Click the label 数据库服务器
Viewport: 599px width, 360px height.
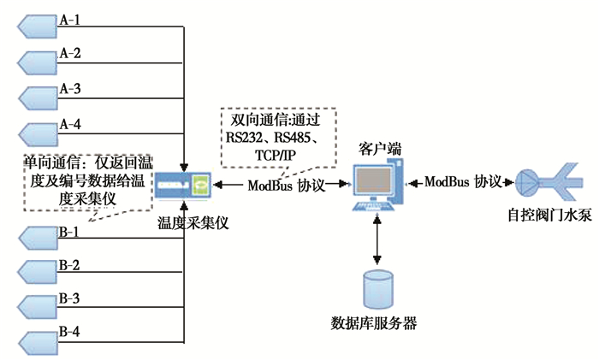click(374, 325)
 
